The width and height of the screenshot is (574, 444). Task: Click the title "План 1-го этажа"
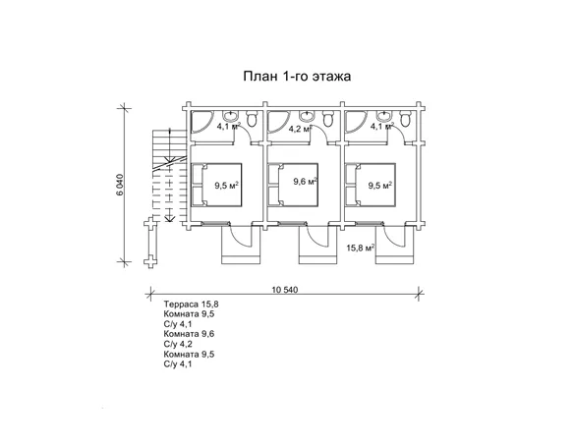pyautogui.click(x=297, y=76)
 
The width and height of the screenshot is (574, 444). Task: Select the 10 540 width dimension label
pyautogui.click(x=285, y=290)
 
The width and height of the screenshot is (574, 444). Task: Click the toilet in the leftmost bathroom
pyautogui.click(x=252, y=119)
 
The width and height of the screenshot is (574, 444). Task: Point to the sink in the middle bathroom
pyautogui.click(x=306, y=116)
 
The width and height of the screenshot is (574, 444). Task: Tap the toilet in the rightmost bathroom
pyautogui.click(x=405, y=119)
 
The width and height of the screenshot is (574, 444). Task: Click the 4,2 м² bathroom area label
pyautogui.click(x=301, y=129)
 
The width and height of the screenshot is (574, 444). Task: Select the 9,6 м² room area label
pyautogui.click(x=306, y=181)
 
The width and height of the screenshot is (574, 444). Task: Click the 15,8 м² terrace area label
pyautogui.click(x=360, y=248)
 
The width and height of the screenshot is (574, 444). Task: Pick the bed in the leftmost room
pyautogui.click(x=216, y=185)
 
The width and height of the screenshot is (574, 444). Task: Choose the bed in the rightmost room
pyautogui.click(x=371, y=185)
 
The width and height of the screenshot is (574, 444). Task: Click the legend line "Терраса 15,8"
pyautogui.click(x=192, y=305)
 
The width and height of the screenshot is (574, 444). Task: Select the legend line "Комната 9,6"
pyautogui.click(x=189, y=334)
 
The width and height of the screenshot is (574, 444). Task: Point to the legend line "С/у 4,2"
pyautogui.click(x=178, y=344)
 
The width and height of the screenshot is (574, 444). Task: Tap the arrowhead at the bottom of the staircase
pyautogui.click(x=169, y=219)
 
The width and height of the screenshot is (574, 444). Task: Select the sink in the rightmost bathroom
pyautogui.click(x=383, y=116)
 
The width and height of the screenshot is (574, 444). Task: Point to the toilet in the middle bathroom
pyautogui.click(x=328, y=119)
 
